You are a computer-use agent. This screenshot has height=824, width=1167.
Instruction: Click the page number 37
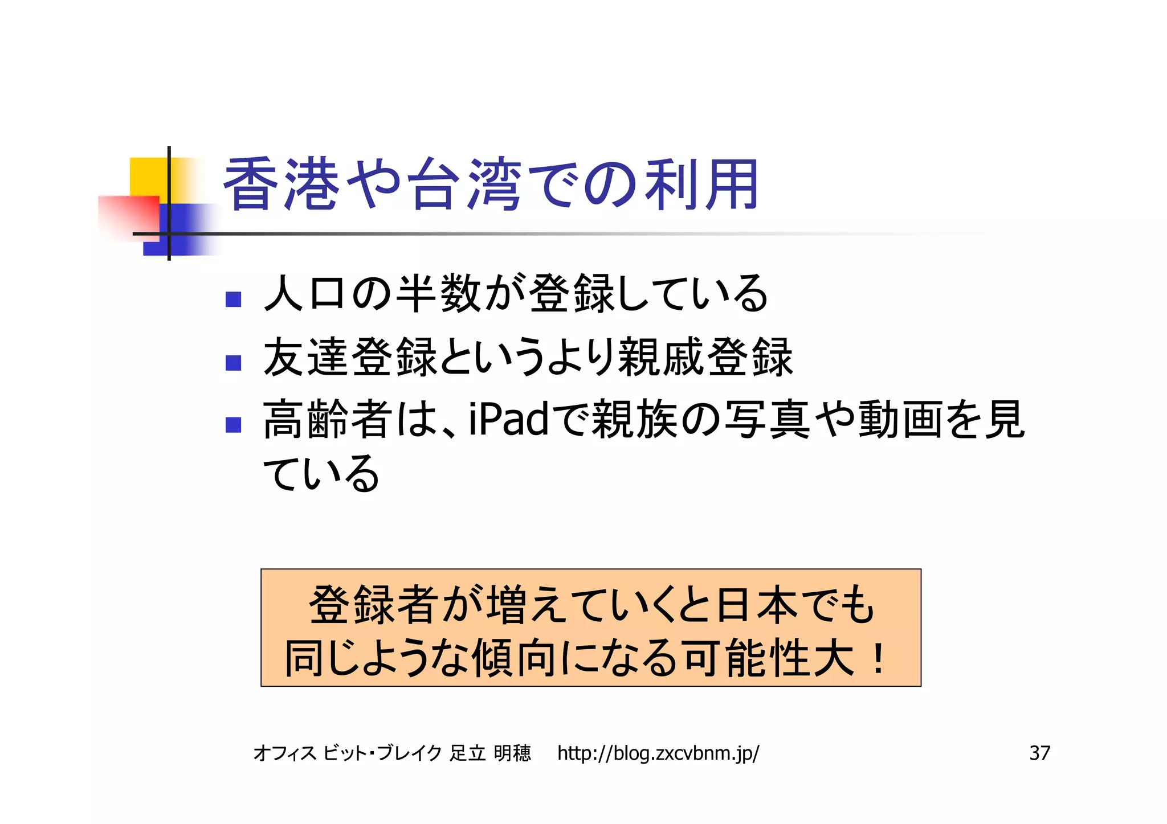click(x=1039, y=753)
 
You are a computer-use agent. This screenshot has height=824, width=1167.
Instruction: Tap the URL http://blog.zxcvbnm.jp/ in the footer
click(x=658, y=753)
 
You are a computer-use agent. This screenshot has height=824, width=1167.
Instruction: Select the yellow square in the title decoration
click(x=149, y=177)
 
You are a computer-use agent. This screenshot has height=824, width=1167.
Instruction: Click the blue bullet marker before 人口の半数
click(x=233, y=299)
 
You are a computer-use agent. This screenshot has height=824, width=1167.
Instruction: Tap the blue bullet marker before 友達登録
click(x=233, y=363)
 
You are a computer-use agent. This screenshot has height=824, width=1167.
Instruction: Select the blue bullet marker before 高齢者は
click(x=233, y=425)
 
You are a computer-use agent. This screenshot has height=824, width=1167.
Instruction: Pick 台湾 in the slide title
click(x=466, y=184)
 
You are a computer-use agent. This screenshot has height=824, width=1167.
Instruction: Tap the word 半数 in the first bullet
click(x=439, y=293)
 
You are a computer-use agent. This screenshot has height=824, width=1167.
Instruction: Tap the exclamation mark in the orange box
click(x=878, y=659)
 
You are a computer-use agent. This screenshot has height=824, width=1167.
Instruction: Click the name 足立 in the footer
click(x=467, y=753)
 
